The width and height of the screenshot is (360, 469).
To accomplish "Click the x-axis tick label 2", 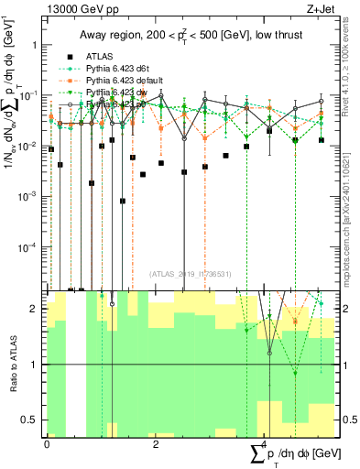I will tap(155, 442).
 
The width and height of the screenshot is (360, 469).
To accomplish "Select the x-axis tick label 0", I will tap(47, 442).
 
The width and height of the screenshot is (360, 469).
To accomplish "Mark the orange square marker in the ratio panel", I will tap(295, 322).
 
